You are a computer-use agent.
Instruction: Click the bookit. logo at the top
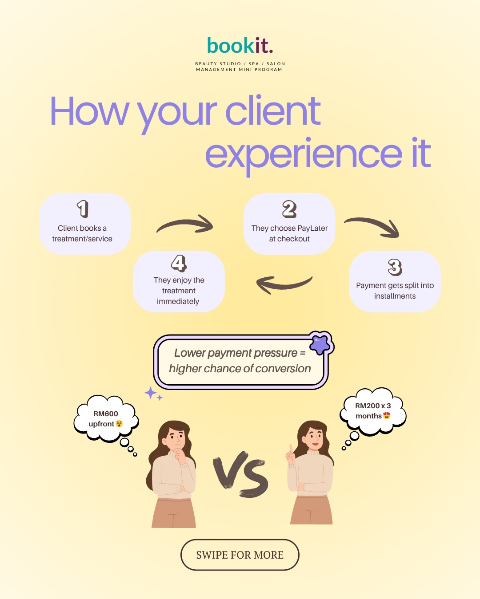[240, 45]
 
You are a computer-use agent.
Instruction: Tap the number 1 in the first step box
[83, 209]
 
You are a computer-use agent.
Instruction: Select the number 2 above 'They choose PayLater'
[289, 209]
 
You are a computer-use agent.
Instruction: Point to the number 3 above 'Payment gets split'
[395, 267]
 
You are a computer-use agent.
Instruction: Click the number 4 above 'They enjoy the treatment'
[179, 263]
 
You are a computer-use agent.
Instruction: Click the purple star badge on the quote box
[320, 344]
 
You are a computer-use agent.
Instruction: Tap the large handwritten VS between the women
[240, 474]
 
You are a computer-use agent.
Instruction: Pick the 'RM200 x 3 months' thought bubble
[373, 411]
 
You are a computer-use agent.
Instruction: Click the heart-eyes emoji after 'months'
[387, 416]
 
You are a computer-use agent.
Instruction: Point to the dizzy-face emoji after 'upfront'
[119, 424]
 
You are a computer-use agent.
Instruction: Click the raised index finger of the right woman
[291, 449]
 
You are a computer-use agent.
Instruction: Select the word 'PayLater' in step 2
[312, 228]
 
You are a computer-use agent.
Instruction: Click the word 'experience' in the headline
[304, 154]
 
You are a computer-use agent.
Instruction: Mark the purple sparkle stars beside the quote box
[153, 394]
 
